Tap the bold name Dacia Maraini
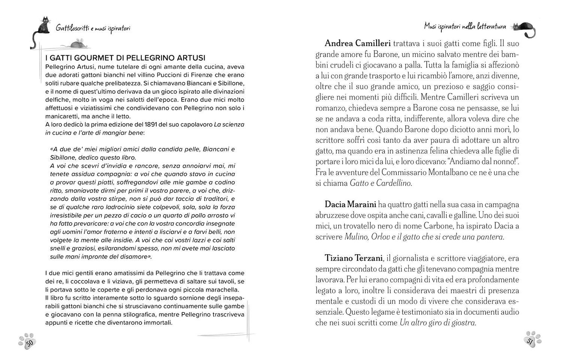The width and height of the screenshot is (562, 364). [350, 204]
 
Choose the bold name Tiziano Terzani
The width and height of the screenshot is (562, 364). [354, 258]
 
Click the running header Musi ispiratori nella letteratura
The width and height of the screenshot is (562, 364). [465, 27]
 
